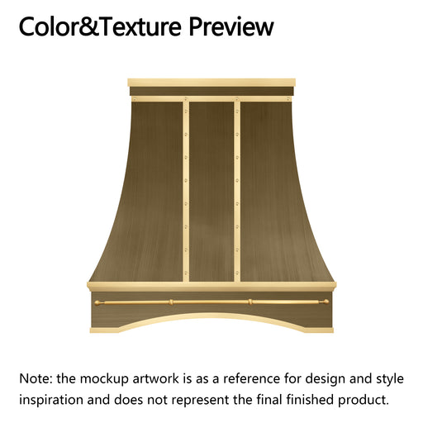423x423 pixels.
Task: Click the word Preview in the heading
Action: tap(231, 26)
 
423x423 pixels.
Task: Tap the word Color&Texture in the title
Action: tap(100, 26)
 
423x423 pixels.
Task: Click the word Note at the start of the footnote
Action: tap(36, 378)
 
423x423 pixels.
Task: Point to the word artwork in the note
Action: tap(156, 378)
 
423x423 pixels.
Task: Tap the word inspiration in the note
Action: tap(51, 400)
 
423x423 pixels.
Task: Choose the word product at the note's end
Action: tap(364, 400)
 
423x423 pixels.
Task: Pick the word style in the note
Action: tap(390, 379)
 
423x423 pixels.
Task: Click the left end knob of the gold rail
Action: tap(97, 302)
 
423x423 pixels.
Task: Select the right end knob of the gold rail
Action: tap(326, 302)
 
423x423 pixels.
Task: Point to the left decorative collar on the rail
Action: tap(171, 302)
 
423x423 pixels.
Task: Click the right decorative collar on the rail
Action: tap(250, 302)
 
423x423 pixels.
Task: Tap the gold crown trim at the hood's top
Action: tap(211, 83)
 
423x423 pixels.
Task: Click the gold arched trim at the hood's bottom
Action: tap(211, 320)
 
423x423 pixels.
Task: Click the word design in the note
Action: tap(326, 379)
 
